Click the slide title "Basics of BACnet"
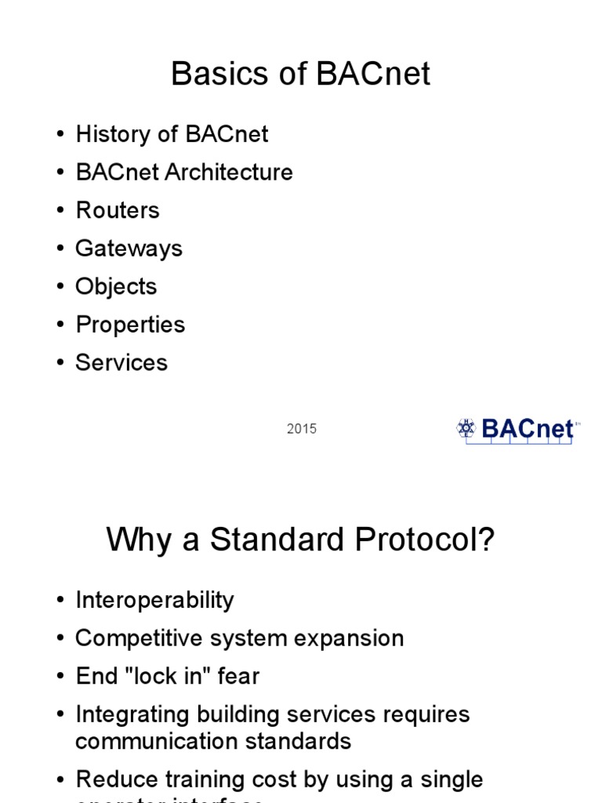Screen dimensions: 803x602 (300, 74)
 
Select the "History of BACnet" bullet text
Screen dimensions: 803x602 (172, 134)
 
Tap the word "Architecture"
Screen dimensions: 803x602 (228, 173)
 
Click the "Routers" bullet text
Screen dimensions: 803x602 (117, 210)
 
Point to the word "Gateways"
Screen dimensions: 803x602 (129, 249)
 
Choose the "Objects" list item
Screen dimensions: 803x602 (116, 286)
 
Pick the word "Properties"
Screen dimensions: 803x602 (130, 325)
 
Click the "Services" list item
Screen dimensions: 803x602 (121, 362)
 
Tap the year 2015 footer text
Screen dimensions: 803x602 (302, 429)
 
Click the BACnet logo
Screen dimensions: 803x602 (515, 430)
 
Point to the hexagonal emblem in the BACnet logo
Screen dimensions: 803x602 (466, 428)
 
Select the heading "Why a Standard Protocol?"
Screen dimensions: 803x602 (300, 540)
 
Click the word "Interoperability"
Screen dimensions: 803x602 (154, 601)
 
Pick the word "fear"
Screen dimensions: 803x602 (240, 676)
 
